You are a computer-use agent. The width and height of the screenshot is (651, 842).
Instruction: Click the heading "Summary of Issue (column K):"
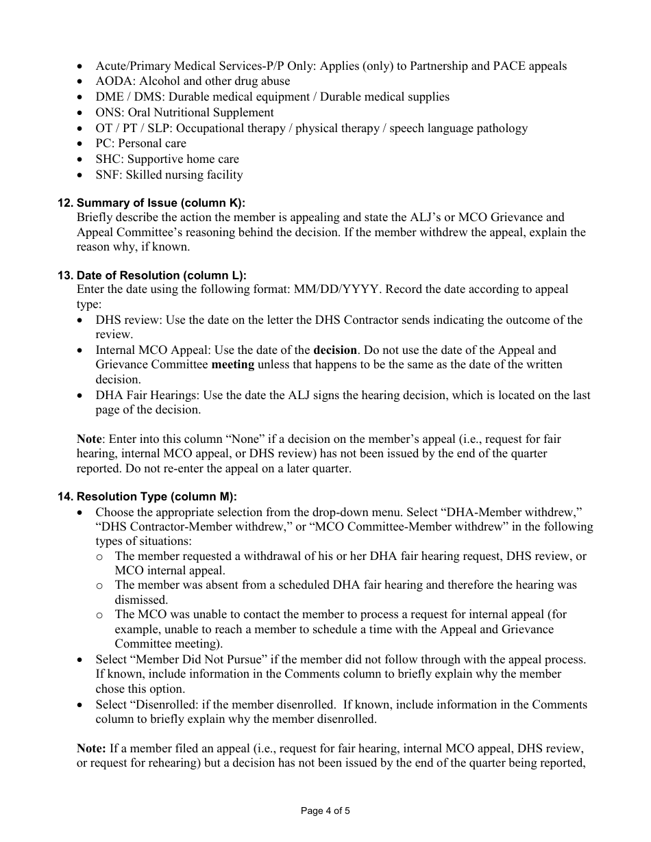160,203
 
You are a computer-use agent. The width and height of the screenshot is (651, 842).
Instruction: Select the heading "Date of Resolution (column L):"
161,275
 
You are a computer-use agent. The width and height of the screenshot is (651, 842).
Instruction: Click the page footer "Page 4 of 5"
325,811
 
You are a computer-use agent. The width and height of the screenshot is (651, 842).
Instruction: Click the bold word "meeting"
232,365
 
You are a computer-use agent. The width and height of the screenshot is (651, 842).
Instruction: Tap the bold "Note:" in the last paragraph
90,748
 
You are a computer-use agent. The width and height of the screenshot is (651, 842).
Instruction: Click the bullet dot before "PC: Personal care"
82,144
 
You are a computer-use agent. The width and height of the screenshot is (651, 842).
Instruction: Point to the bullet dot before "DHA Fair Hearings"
82,396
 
